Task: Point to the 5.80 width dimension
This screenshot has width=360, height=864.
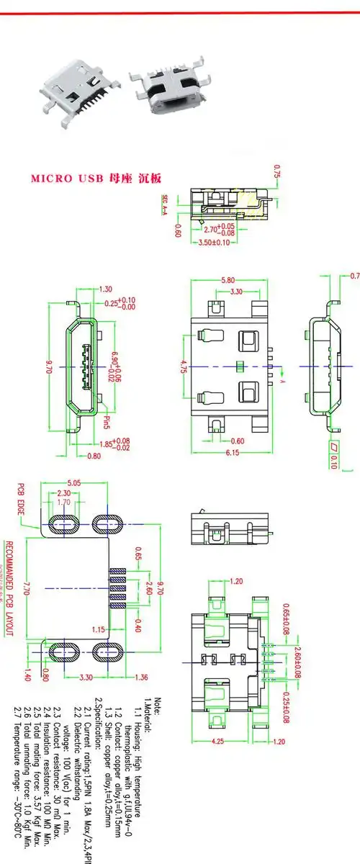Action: (x=228, y=280)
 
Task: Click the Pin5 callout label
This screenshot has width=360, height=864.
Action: (x=104, y=418)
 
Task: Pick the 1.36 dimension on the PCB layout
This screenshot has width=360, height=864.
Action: (x=141, y=677)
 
